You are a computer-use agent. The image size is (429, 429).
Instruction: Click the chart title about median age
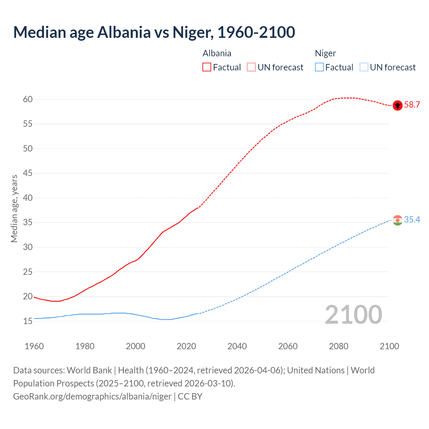coord(154,32)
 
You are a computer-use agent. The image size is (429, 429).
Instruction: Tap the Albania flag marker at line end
coord(397,105)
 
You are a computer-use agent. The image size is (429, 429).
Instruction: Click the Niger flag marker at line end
coord(397,220)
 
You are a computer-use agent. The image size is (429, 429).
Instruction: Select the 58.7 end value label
coord(412,105)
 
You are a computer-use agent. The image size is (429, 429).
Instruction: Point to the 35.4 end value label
coord(412,220)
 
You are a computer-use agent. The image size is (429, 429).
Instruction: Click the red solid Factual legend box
coord(207,67)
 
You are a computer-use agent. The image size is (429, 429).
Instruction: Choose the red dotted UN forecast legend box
coord(251,67)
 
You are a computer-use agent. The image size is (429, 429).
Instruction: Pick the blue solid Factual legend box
coord(319,67)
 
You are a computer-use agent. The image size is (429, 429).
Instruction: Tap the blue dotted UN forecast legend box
coord(364,67)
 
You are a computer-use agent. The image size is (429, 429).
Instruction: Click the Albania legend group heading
coord(217,53)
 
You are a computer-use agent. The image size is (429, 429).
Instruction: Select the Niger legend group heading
coord(325,53)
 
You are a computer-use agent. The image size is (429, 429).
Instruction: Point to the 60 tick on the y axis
coord(28,99)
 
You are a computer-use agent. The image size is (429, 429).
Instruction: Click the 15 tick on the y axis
coord(28,321)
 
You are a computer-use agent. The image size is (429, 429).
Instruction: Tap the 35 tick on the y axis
coord(28,223)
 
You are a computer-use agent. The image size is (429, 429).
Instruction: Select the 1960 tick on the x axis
coord(34,346)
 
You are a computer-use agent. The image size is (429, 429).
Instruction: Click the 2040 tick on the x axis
coord(237,346)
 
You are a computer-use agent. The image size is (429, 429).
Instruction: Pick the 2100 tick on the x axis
coord(389,346)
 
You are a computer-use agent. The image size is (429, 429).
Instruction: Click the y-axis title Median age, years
coord(14,208)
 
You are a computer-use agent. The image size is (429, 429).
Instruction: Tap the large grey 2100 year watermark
coord(353,315)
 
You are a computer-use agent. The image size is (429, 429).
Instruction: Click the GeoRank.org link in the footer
coord(92,396)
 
